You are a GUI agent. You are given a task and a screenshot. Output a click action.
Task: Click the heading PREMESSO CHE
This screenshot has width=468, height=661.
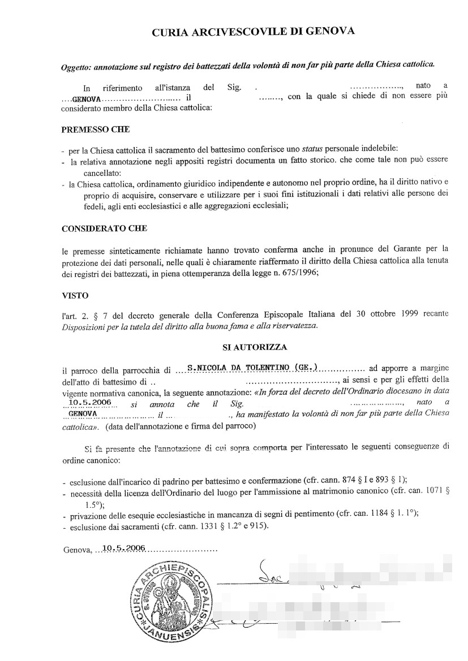coord(95,129)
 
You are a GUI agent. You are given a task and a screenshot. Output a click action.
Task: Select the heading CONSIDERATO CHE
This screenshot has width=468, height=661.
coord(104,228)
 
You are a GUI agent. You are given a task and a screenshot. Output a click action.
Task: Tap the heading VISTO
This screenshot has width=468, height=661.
coord(75,295)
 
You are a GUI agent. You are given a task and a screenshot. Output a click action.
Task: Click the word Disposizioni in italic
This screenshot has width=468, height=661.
coord(84,326)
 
